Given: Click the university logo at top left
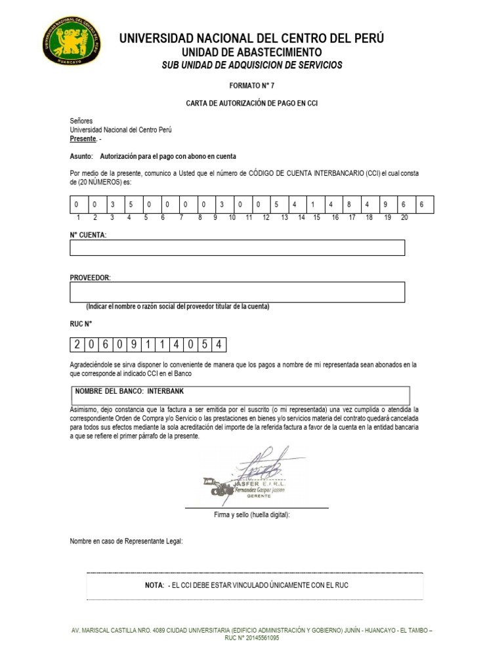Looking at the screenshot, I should pyautogui.click(x=72, y=41).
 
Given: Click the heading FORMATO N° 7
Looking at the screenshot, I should pyautogui.click(x=251, y=86).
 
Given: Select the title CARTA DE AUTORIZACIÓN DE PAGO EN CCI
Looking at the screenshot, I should pyautogui.click(x=252, y=104).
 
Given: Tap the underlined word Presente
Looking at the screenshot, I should pyautogui.click(x=83, y=139).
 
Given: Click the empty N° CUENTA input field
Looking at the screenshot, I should pyautogui.click(x=237, y=247).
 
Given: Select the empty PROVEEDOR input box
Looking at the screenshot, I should pyautogui.click(x=237, y=292).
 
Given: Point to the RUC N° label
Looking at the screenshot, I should pyautogui.click(x=81, y=323).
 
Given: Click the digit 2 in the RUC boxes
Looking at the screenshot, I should pyautogui.click(x=77, y=345).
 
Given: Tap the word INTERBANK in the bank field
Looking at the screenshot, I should pyautogui.click(x=168, y=390).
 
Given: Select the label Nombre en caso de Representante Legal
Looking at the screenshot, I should pyautogui.click(x=127, y=541).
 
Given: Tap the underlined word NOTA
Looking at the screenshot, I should pyautogui.click(x=154, y=585).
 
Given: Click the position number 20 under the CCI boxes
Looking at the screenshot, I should pyautogui.click(x=404, y=217).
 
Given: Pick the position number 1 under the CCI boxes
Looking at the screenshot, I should pyautogui.click(x=77, y=217).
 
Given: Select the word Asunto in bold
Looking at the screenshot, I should pyautogui.click(x=81, y=157).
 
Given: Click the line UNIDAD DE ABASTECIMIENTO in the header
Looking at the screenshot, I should pyautogui.click(x=251, y=52).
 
